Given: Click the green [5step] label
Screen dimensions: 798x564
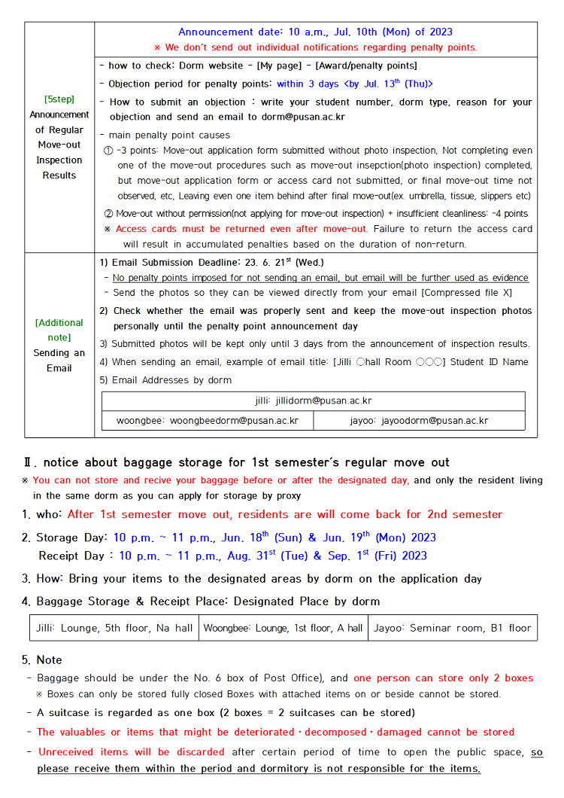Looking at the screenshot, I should [x=59, y=99].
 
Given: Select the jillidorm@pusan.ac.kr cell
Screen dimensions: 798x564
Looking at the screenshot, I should [x=313, y=401].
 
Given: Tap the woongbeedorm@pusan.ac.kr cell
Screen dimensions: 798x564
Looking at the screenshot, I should [x=207, y=421].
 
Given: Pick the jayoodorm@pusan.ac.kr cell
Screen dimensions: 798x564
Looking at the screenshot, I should [x=419, y=421].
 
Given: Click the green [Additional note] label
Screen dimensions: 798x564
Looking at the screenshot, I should [x=59, y=330].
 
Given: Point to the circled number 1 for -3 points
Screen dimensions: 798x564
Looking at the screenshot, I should [x=108, y=150].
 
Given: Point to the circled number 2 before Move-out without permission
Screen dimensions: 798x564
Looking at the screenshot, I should [x=108, y=214].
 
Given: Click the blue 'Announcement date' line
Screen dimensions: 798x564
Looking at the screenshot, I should [x=315, y=32].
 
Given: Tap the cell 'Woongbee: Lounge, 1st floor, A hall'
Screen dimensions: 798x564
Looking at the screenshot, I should [x=283, y=628].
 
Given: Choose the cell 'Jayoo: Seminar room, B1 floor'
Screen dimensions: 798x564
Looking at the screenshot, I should [x=452, y=628].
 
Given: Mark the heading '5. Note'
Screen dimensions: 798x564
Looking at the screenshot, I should [x=42, y=659].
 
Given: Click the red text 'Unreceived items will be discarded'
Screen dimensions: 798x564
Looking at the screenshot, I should [x=131, y=751].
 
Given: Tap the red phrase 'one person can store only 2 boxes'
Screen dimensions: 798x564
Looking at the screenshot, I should [x=443, y=678].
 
